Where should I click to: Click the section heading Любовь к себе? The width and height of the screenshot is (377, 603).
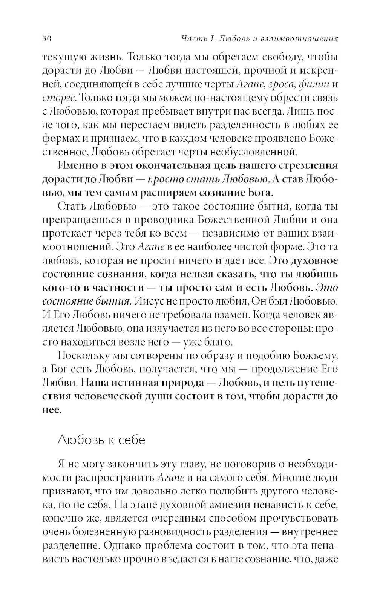101,440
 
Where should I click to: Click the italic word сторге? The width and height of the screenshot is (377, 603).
59,98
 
